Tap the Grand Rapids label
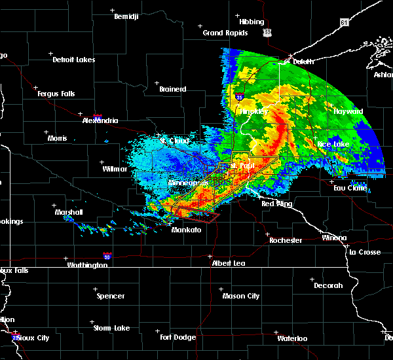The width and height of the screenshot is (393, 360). tap(225, 33)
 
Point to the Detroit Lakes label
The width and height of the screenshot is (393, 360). tap(74, 60)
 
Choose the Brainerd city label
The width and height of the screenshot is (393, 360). tap(173, 89)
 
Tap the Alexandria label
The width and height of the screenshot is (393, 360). tap(100, 120)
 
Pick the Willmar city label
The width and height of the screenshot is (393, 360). tap(115, 169)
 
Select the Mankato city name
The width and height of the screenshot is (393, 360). tap(185, 230)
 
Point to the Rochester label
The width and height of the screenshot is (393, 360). tap(286, 240)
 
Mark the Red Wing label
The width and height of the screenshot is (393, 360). tap(276, 204)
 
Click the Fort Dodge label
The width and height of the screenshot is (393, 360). tap(178, 337)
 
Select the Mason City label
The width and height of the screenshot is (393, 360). tap(241, 296)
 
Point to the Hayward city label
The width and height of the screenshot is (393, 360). tap(348, 111)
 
